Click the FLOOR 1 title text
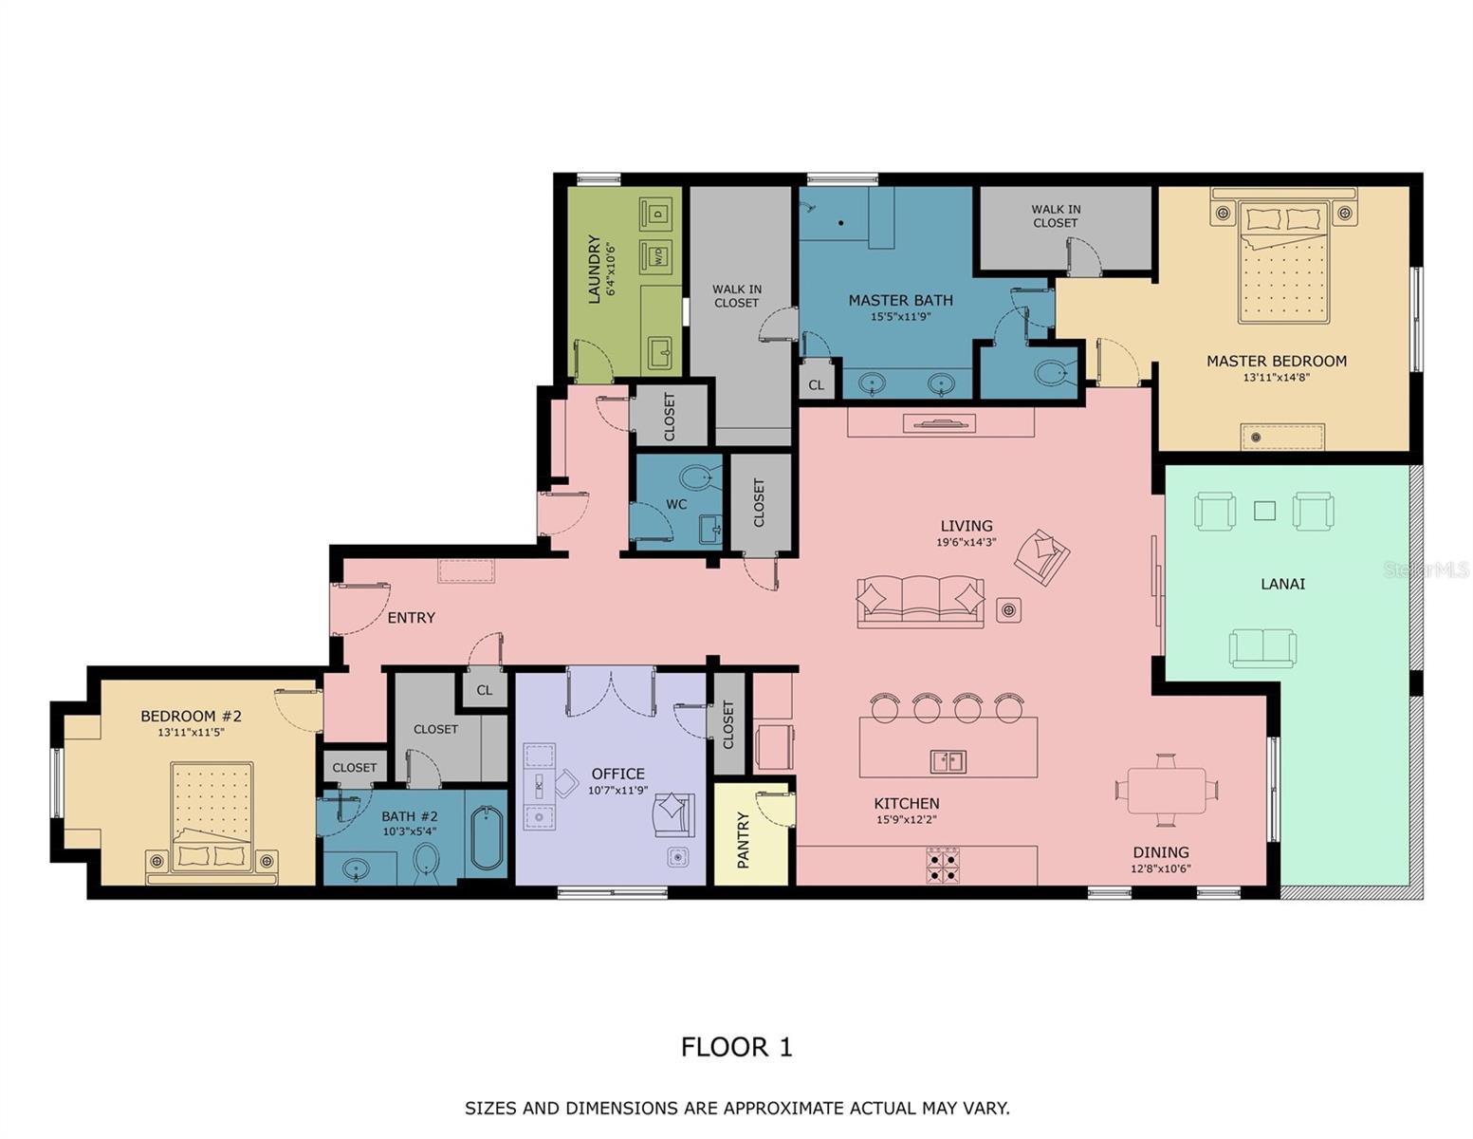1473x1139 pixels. pyautogui.click(x=736, y=1047)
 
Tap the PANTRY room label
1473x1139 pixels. pyautogui.click(x=744, y=839)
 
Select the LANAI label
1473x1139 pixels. pyautogui.click(x=1282, y=584)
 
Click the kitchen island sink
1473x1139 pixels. pyautogui.click(x=948, y=760)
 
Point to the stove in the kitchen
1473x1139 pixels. pyautogui.click(x=943, y=866)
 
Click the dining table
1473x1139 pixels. pyautogui.click(x=1166, y=790)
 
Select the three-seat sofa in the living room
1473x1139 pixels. pyautogui.click(x=920, y=602)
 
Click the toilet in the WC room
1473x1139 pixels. pyautogui.click(x=700, y=477)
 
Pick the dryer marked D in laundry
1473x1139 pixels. pyautogui.click(x=655, y=214)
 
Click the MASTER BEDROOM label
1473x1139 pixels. pyautogui.click(x=1276, y=361)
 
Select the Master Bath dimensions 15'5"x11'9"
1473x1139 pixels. pyautogui.click(x=900, y=317)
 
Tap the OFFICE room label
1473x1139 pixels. pyautogui.click(x=617, y=774)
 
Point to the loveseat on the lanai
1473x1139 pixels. pyautogui.click(x=1262, y=648)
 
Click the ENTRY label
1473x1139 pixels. pyautogui.click(x=411, y=618)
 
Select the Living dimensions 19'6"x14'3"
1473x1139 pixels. pyautogui.click(x=966, y=543)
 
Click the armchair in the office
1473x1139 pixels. pyautogui.click(x=672, y=813)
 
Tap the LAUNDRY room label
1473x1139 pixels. pyautogui.click(x=595, y=269)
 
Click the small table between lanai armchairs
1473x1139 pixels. pyautogui.click(x=1264, y=511)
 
